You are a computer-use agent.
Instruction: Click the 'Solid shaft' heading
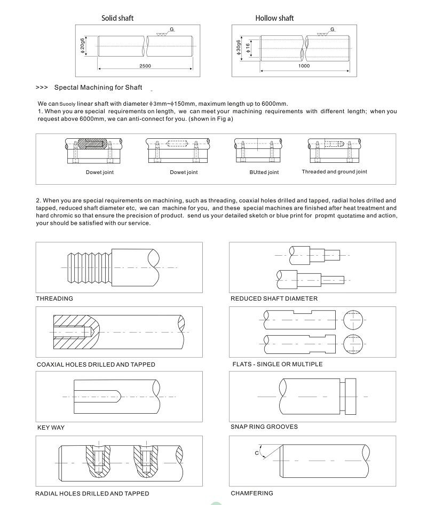[117, 18]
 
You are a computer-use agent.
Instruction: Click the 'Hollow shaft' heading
[274, 18]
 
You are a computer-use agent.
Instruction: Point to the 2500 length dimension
[145, 66]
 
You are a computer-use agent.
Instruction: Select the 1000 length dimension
[304, 66]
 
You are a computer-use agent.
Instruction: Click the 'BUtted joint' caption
[264, 172]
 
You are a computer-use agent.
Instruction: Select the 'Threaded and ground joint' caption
[334, 172]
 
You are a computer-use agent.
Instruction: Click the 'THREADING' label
[54, 298]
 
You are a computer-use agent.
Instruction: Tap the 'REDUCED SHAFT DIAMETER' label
[274, 298]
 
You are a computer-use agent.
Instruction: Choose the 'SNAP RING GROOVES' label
[264, 427]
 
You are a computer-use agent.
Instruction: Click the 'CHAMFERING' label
[252, 493]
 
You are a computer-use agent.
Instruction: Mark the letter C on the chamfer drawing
[257, 453]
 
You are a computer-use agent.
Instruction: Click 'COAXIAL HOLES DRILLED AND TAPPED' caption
[96, 365]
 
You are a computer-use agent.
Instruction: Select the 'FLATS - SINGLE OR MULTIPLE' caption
[278, 364]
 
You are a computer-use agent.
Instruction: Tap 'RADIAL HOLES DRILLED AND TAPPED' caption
[92, 494]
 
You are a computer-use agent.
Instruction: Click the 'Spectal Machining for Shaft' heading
[106, 87]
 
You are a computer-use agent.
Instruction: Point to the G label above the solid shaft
[172, 28]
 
